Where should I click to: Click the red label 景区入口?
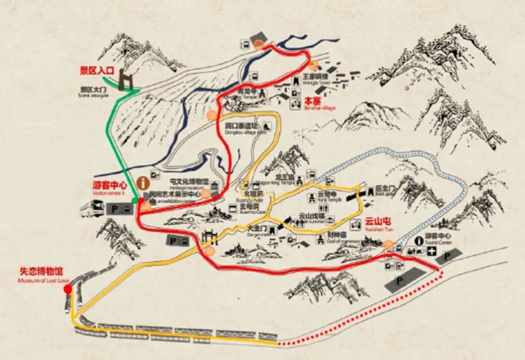(x=97, y=71)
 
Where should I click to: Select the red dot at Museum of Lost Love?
(x=68, y=289)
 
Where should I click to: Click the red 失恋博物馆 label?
(x=41, y=272)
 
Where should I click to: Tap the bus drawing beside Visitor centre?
(x=92, y=209)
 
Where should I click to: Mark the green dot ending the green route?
(x=135, y=200)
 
